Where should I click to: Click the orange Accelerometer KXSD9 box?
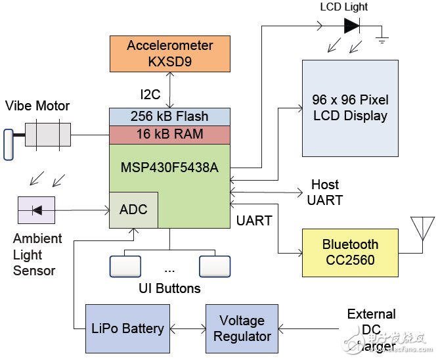point(170,54)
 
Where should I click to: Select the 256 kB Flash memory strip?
point(169,116)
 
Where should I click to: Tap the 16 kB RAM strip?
point(169,133)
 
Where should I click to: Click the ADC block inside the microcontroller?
point(133,210)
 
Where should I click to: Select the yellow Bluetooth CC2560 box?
point(349,252)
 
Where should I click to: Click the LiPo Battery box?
point(121,328)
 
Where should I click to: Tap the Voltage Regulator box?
point(242,328)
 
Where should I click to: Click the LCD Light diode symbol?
point(352,26)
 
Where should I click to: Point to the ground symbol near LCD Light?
point(382,39)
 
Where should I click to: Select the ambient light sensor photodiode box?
point(36,210)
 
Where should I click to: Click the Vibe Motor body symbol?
point(49,136)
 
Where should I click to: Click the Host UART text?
point(325,192)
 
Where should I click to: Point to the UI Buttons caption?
point(169,288)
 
